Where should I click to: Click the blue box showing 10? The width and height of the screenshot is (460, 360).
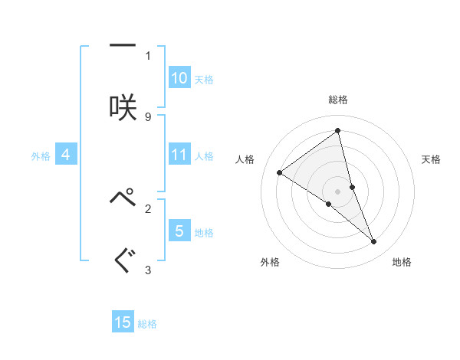click(x=179, y=78)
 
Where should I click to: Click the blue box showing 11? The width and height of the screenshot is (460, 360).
click(x=179, y=155)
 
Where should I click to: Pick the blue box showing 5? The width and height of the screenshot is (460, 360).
click(x=179, y=231)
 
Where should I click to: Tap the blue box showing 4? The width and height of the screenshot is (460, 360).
click(x=66, y=155)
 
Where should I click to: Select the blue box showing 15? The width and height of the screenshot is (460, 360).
click(x=123, y=322)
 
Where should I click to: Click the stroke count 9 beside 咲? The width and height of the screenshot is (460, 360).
click(x=148, y=116)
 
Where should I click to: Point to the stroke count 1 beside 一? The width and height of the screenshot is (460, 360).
click(x=148, y=55)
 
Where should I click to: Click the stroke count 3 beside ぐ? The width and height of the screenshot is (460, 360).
click(x=148, y=270)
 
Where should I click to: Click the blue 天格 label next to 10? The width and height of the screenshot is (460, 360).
click(x=204, y=79)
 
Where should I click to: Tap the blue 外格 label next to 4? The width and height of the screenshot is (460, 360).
click(x=41, y=155)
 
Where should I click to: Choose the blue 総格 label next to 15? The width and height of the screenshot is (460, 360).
click(x=147, y=323)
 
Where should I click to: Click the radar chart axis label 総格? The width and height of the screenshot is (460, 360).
click(x=338, y=100)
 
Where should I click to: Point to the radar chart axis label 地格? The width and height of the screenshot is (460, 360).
click(x=402, y=262)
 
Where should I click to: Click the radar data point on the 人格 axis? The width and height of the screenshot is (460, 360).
click(x=279, y=172)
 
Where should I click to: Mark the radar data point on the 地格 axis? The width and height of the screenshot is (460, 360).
click(x=374, y=242)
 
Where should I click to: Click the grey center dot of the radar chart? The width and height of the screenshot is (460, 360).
click(x=338, y=191)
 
